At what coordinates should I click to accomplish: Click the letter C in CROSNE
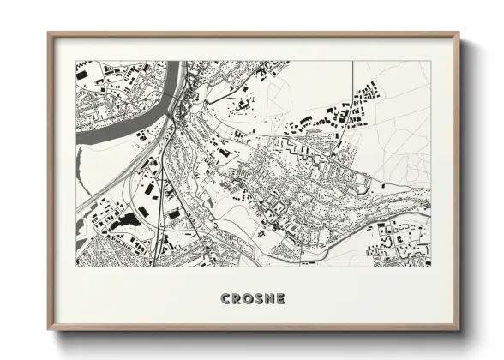click(226, 298)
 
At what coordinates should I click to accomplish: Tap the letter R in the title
click(239, 298)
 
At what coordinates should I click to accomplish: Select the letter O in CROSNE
click(253, 298)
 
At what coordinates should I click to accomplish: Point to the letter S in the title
click(266, 298)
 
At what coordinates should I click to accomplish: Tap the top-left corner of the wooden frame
click(49, 33)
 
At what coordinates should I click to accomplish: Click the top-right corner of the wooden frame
click(459, 33)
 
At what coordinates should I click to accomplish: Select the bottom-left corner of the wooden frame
click(49, 329)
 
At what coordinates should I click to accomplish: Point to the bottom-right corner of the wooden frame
click(459, 329)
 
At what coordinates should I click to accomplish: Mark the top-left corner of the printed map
click(76, 61)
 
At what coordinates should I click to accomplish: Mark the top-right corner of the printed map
click(431, 61)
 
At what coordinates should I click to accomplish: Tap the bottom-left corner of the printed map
click(76, 266)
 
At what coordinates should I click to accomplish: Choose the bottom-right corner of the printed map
click(431, 266)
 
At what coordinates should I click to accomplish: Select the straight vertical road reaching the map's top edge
click(352, 86)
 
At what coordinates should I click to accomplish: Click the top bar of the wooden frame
click(254, 33)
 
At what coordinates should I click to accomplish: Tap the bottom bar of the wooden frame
click(254, 328)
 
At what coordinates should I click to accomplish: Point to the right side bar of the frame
click(458, 180)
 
